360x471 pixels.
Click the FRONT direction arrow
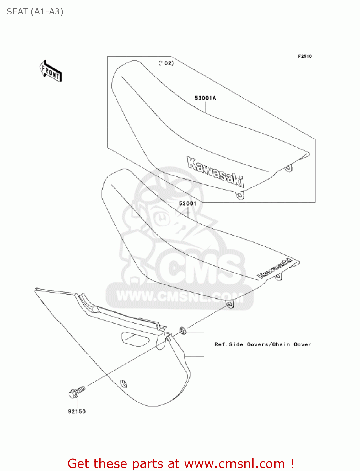[51, 71]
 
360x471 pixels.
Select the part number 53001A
[205, 98]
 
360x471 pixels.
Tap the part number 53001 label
[187, 203]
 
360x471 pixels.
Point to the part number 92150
[77, 411]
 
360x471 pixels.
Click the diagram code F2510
[305, 56]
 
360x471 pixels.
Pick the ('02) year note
[166, 63]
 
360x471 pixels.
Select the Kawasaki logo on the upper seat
[215, 171]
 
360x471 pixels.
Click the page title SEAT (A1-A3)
[35, 12]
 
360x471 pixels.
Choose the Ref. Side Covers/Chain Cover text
[262, 344]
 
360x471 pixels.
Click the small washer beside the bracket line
[182, 330]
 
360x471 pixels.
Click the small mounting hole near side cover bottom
[124, 384]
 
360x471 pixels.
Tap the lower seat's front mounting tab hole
[230, 304]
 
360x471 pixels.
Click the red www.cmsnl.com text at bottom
[234, 463]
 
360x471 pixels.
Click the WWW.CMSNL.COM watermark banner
[180, 296]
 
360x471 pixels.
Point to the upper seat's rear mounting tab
[288, 169]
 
